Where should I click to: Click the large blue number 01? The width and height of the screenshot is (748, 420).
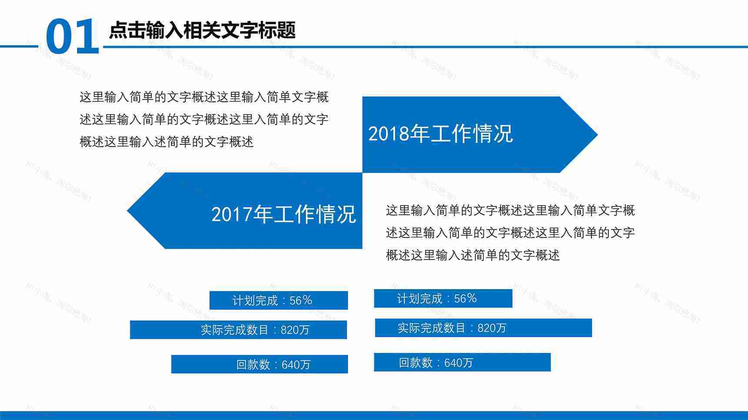pyautogui.click(x=72, y=37)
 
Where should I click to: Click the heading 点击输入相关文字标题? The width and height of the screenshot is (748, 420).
pyautogui.click(x=202, y=30)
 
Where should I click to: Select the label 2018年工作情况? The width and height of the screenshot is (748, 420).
pyautogui.click(x=441, y=133)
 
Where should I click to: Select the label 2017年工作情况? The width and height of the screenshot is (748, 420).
pyautogui.click(x=284, y=214)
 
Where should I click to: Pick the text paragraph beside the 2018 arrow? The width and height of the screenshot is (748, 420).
pyautogui.click(x=204, y=119)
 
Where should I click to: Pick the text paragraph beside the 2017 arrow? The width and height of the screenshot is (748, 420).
pyautogui.click(x=510, y=233)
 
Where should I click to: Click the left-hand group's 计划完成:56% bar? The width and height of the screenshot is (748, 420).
pyautogui.click(x=278, y=300)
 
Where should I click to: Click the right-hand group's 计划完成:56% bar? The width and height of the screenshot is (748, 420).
pyautogui.click(x=443, y=299)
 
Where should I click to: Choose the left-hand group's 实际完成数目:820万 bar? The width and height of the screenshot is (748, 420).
pyautogui.click(x=238, y=330)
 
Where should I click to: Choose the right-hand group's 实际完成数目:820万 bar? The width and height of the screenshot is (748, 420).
pyautogui.click(x=483, y=328)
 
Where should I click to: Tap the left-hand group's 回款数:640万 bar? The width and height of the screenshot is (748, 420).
pyautogui.click(x=260, y=364)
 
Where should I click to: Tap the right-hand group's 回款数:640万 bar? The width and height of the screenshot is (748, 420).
pyautogui.click(x=462, y=363)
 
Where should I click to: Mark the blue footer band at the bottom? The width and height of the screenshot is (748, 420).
pyautogui.click(x=374, y=416)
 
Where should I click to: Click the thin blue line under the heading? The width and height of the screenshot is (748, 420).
pyautogui.click(x=435, y=47)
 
